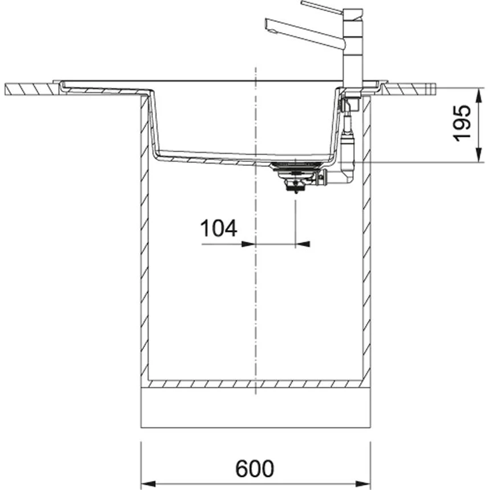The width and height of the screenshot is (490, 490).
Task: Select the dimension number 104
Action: pos(218,228)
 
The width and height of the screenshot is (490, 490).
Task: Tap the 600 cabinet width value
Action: pos(255,468)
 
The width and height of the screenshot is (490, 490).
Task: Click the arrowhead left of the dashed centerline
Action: pos(248,244)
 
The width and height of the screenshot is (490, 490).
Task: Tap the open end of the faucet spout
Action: pos(267,22)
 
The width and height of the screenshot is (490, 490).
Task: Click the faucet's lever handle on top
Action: pos(322,7)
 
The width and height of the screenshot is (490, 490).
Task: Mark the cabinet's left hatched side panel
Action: pos(144,239)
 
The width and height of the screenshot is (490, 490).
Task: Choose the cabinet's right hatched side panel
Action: pos(367,239)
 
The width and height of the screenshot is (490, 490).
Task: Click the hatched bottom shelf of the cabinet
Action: pos(255,384)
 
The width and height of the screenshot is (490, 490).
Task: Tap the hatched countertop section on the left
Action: pos(31,89)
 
